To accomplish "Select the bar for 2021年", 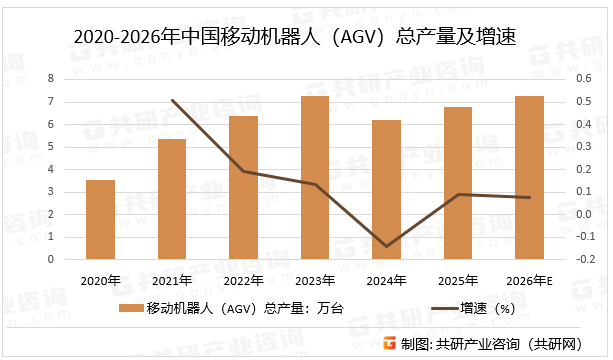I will [x=172, y=199].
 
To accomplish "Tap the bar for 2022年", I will [x=243, y=187].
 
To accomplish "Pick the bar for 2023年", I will [x=315, y=177].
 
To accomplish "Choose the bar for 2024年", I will [x=387, y=189].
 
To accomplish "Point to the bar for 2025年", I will [x=458, y=182].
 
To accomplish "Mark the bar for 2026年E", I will [x=530, y=177].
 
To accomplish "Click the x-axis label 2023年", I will [x=315, y=280].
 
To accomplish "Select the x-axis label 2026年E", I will [x=530, y=280].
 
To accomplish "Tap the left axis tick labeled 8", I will [x=50, y=78].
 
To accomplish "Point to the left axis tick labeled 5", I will [x=50, y=146].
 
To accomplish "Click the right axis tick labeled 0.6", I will [x=579, y=78].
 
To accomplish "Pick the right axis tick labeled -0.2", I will [x=579, y=259].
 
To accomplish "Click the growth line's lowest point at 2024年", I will [x=387, y=246].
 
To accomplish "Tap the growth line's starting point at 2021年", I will [x=172, y=100].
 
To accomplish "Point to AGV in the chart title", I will [x=354, y=38].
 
